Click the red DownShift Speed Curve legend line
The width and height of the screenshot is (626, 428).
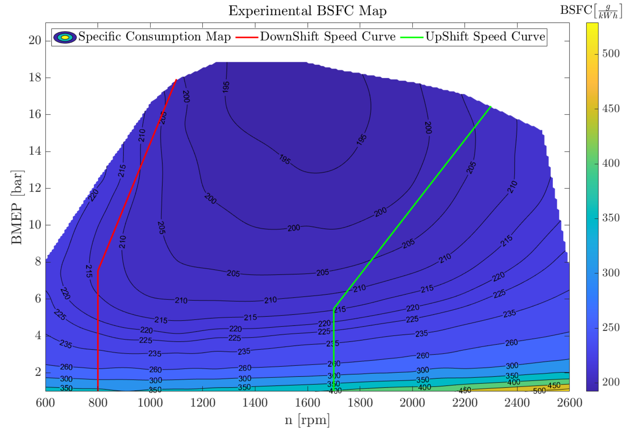(x=247, y=37)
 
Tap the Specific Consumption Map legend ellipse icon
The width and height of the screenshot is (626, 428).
(x=65, y=37)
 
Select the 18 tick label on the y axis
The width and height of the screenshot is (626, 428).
(x=35, y=77)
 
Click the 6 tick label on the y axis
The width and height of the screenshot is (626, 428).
(x=38, y=298)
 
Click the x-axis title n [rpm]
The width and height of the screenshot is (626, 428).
(x=307, y=420)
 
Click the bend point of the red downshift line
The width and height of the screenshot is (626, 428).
(x=98, y=270)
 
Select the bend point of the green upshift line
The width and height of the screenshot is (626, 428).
(x=334, y=308)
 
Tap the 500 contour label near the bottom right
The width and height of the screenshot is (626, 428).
(x=539, y=390)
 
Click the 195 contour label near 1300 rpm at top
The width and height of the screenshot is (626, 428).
(x=226, y=87)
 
